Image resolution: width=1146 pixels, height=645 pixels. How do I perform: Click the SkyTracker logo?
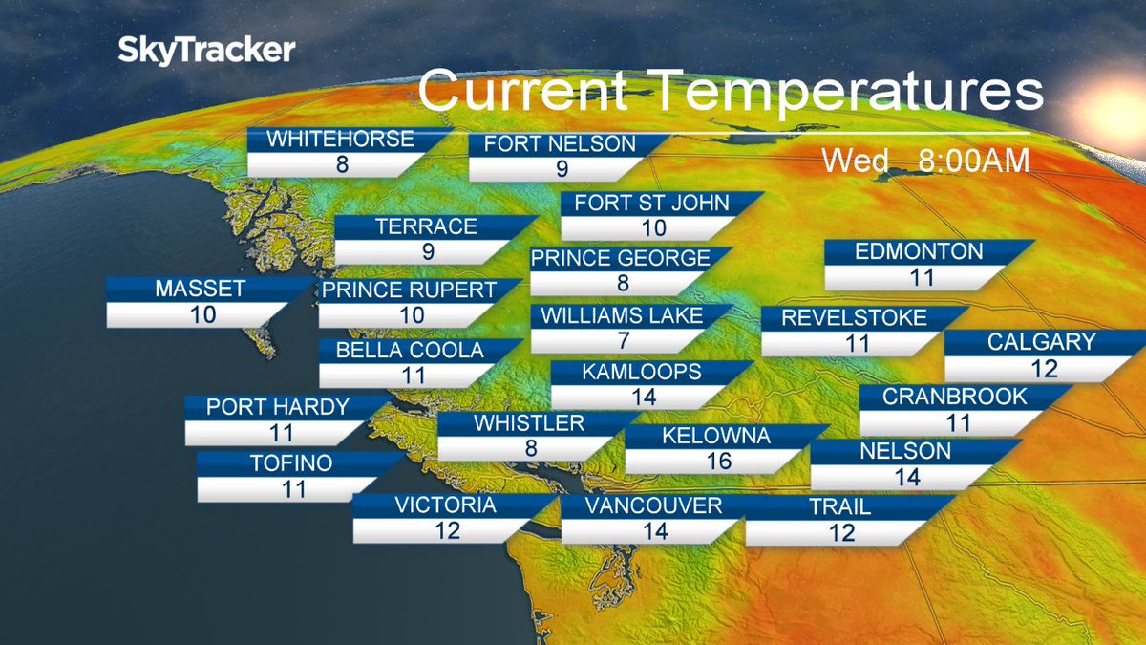pyautogui.click(x=206, y=51)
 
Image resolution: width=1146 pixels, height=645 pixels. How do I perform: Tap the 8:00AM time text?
pyautogui.click(x=973, y=161)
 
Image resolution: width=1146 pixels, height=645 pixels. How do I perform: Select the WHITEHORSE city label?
pyautogui.click(x=340, y=140)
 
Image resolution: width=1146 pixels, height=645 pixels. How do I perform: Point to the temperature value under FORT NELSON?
pyautogui.click(x=562, y=169)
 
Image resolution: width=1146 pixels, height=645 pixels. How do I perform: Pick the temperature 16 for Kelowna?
pyautogui.click(x=718, y=462)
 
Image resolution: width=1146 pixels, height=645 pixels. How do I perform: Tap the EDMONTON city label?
pyautogui.click(x=919, y=252)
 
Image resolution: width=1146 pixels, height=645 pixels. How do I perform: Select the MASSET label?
pyautogui.click(x=201, y=289)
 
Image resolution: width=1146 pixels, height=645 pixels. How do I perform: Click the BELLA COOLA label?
pyautogui.click(x=410, y=351)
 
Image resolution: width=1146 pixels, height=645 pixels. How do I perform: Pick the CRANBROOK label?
pyautogui.click(x=954, y=397)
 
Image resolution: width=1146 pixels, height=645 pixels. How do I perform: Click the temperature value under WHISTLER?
pyautogui.click(x=531, y=449)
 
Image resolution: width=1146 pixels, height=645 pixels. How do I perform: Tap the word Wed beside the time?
pyautogui.click(x=856, y=161)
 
